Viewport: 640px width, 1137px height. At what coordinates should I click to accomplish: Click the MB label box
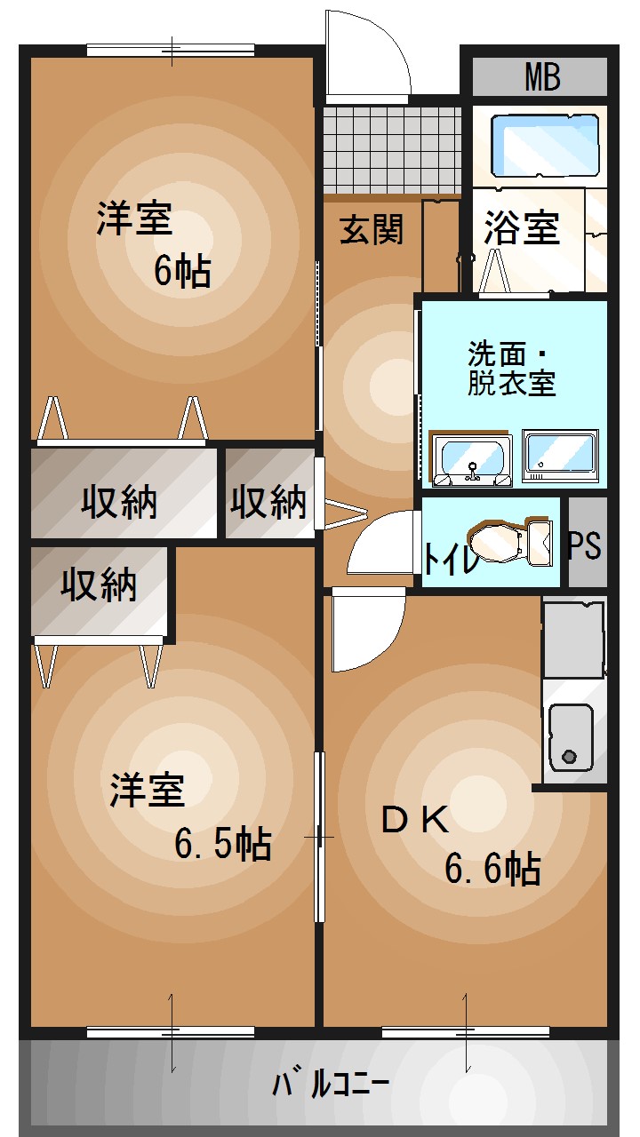coord(541,77)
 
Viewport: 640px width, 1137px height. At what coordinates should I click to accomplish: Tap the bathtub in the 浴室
coord(546,145)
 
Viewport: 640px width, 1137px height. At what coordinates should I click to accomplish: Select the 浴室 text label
coord(522,228)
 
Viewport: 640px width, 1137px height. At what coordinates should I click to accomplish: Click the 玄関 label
coord(372,229)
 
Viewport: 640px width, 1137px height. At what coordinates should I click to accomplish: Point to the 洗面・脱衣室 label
coord(511,369)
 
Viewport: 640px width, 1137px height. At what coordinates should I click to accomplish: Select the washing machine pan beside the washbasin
coord(560,456)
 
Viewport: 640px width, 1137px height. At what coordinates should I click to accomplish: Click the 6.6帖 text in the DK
coord(492,869)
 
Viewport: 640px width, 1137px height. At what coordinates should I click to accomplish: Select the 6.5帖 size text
coord(222,844)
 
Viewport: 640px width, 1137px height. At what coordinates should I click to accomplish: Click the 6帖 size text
coord(182,271)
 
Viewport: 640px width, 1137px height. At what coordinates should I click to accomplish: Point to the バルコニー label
coord(330,1085)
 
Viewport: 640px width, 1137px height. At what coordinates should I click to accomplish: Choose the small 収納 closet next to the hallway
coord(268,503)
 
